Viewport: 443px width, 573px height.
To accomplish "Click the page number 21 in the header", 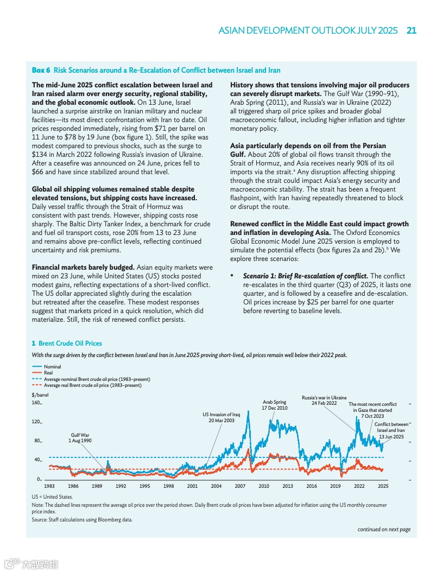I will (x=411, y=30).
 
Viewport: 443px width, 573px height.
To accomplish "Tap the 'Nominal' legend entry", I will (x=52, y=367).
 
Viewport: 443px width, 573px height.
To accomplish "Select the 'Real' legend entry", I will (x=48, y=373).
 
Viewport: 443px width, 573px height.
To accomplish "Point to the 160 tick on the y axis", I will (x=37, y=403).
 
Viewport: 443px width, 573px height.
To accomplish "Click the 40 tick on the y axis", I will (x=38, y=460).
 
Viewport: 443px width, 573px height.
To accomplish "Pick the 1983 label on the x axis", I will (x=49, y=486).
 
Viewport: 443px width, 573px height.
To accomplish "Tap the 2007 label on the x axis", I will (x=240, y=486).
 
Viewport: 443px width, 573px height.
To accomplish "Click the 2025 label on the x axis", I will (x=383, y=486).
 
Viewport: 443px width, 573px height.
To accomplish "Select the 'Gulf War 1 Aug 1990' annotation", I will (x=80, y=437).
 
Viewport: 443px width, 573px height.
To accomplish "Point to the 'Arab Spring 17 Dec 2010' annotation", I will (x=275, y=405).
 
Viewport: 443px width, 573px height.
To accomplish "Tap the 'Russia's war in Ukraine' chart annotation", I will (x=324, y=400).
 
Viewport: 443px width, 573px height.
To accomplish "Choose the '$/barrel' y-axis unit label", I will (x=40, y=395).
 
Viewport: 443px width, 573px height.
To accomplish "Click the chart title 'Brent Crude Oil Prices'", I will (x=70, y=343).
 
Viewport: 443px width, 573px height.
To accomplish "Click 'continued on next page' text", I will (x=383, y=529).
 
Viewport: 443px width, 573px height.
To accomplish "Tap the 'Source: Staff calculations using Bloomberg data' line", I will (x=82, y=519).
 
